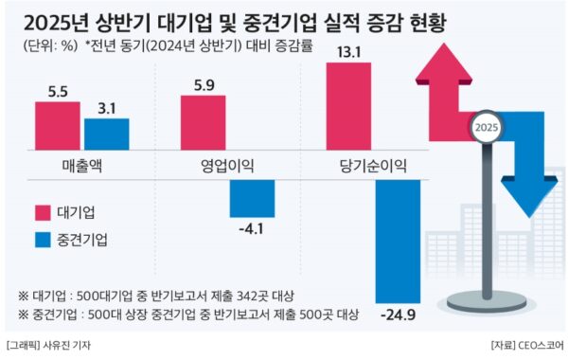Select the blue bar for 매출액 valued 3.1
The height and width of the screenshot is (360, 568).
coord(106,135)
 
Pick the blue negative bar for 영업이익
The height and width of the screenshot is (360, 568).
coord(252,198)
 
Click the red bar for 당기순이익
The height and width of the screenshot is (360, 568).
coord(348,105)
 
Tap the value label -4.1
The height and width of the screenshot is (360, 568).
coord(252,228)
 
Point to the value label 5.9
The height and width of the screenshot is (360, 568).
coord(203,84)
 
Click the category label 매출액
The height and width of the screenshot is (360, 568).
coord(81,166)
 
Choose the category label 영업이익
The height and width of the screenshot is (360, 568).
coord(227,166)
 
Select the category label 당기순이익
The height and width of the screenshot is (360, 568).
coord(373,166)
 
